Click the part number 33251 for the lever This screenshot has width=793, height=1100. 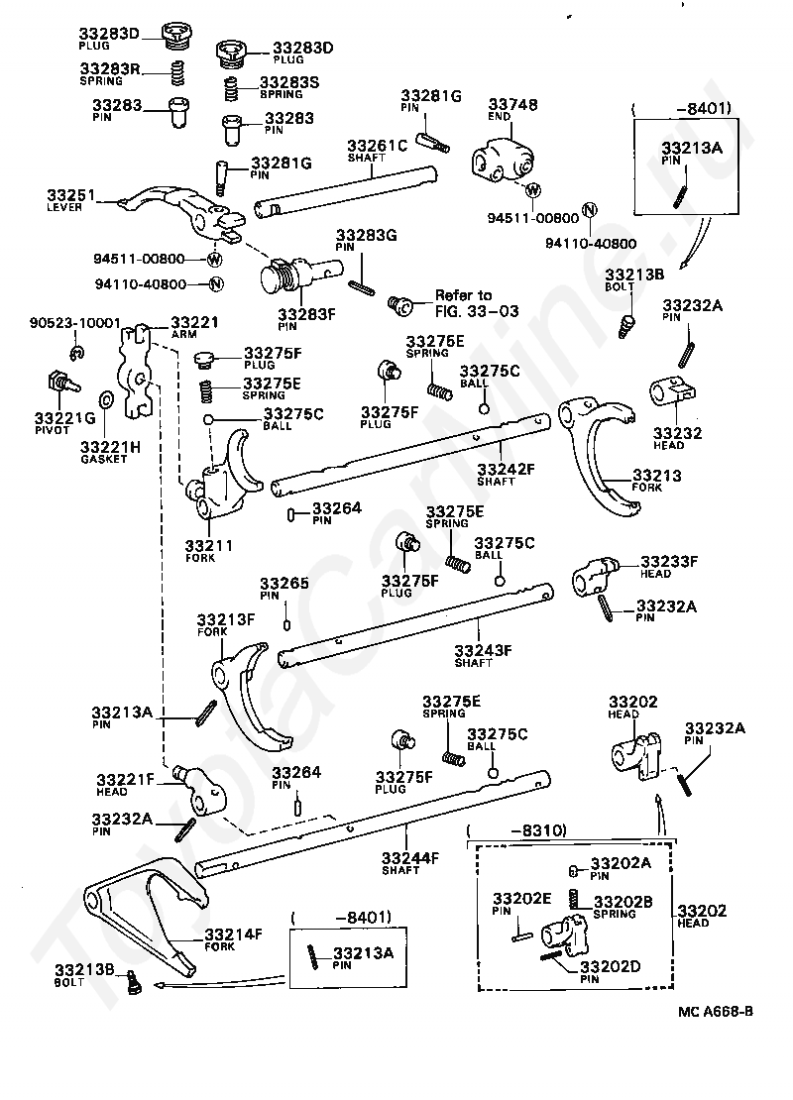[x=71, y=195]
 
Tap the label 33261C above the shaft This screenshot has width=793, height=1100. [x=377, y=146]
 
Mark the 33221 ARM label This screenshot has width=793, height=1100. [x=194, y=326]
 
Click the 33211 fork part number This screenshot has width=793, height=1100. [x=209, y=545]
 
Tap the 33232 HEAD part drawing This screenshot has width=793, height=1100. [x=672, y=391]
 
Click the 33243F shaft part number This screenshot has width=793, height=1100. [x=483, y=650]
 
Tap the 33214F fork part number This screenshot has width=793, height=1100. [x=233, y=935]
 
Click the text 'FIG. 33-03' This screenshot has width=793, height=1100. [x=477, y=311]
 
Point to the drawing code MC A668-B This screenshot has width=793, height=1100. [x=716, y=1012]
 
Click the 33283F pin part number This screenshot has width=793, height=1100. [x=306, y=314]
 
